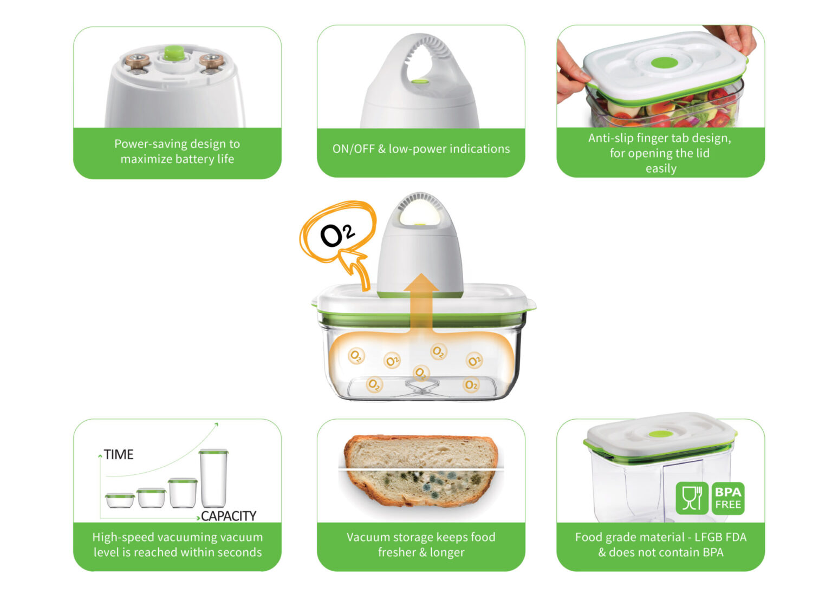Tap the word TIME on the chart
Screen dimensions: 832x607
click(119, 455)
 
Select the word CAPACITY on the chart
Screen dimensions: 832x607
click(229, 516)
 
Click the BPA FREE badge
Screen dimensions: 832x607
click(727, 499)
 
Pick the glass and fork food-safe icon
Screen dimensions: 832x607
click(692, 499)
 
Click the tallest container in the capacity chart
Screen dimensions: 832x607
click(213, 478)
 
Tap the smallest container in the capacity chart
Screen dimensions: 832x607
click(120, 500)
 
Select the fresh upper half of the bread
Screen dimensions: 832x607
click(421, 452)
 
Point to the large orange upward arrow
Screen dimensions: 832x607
click(421, 303)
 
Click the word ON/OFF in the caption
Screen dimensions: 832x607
click(354, 149)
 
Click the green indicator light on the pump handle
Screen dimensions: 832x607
click(420, 81)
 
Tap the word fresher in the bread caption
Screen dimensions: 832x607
click(396, 552)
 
